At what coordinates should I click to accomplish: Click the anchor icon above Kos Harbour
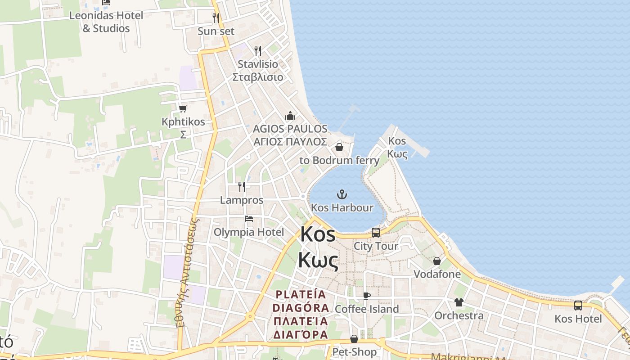[342, 194]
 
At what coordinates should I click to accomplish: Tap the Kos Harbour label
[342, 207]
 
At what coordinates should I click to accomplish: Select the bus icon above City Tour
[376, 233]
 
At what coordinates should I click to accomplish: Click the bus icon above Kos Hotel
[578, 306]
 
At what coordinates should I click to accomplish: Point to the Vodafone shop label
[437, 274]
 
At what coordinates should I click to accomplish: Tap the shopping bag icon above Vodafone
[436, 261]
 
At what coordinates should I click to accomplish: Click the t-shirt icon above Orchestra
[459, 302]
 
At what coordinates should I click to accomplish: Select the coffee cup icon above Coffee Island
[367, 296]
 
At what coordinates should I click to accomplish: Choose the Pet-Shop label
[354, 351]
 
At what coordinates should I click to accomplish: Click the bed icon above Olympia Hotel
[249, 219]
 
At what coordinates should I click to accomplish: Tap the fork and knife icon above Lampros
[242, 186]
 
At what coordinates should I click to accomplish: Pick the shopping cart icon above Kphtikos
[183, 108]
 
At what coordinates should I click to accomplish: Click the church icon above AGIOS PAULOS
[290, 116]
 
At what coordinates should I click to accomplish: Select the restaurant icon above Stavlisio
[258, 50]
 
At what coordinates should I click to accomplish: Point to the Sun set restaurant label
[216, 31]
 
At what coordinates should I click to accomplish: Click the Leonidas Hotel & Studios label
[106, 22]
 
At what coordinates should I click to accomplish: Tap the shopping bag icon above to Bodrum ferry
[339, 147]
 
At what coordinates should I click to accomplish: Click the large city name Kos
[318, 234]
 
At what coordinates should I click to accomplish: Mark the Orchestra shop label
[459, 315]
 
